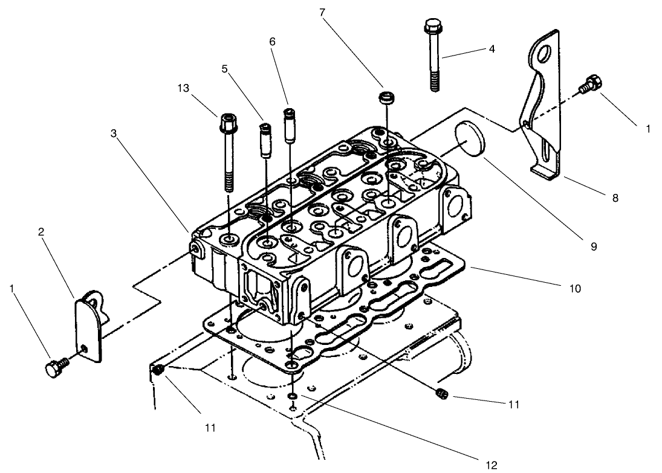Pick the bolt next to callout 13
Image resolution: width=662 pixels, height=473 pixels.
227,151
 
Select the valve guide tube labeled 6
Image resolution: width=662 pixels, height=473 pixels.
290,125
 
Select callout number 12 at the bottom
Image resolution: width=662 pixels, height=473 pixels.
490,465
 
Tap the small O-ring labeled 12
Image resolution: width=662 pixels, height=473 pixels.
292,396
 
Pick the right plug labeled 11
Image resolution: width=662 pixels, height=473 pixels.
441,394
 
